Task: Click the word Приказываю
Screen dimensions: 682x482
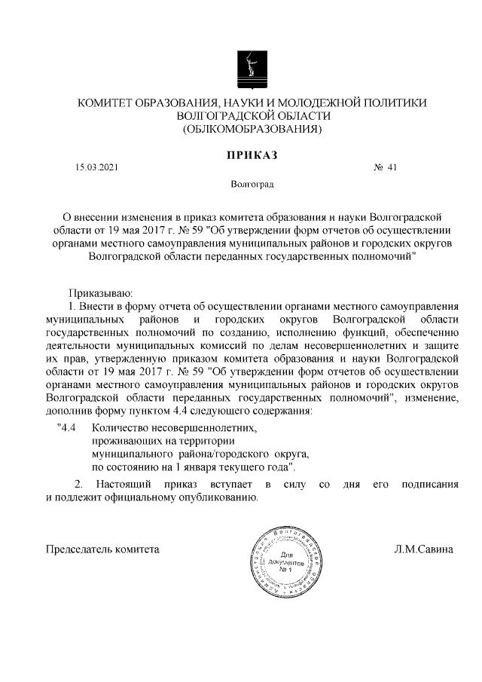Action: (100, 292)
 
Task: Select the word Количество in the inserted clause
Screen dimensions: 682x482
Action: (119, 428)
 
